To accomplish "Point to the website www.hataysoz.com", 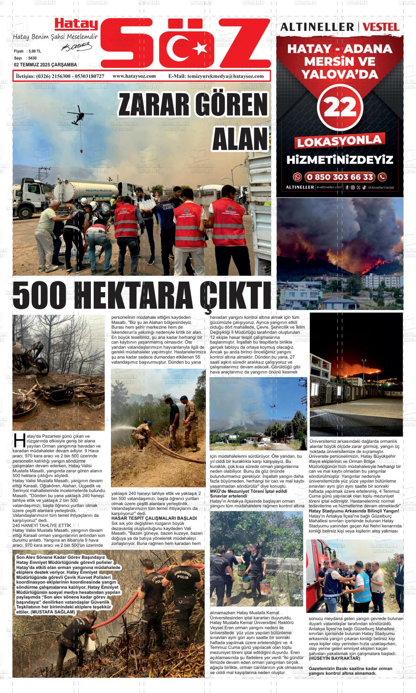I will point(134,76).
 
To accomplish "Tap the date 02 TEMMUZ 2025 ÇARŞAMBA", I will point(45,65).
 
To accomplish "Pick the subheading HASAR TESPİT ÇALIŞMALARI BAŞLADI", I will point(154,518).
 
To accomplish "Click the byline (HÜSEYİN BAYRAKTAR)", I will point(334,658).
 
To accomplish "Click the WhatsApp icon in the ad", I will point(298,177).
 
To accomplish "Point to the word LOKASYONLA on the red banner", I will point(340,141).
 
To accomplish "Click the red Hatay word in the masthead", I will point(76,24).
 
